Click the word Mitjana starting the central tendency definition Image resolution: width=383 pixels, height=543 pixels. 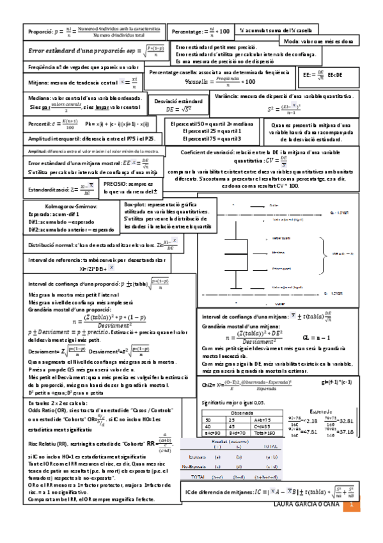point(40,83)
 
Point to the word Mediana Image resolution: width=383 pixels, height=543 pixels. point(41,99)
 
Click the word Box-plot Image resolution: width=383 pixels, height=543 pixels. point(137,203)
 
